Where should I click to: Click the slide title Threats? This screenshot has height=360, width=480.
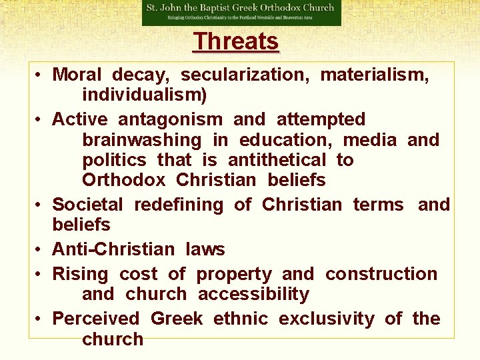click(236, 41)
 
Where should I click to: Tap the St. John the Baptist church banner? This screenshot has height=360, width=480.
click(241, 13)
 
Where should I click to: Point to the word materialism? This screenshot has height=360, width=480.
click(375, 75)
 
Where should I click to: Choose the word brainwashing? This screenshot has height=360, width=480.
click(141, 140)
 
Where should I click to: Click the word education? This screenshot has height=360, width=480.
click(289, 140)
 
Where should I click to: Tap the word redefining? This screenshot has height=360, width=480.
click(179, 204)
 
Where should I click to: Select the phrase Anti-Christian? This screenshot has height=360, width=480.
click(113, 249)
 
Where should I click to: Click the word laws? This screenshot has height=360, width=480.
click(206, 249)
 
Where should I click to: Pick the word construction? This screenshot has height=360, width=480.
click(381, 274)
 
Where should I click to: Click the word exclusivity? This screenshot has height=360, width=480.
click(326, 319)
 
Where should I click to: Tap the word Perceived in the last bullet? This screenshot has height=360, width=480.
click(96, 319)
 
